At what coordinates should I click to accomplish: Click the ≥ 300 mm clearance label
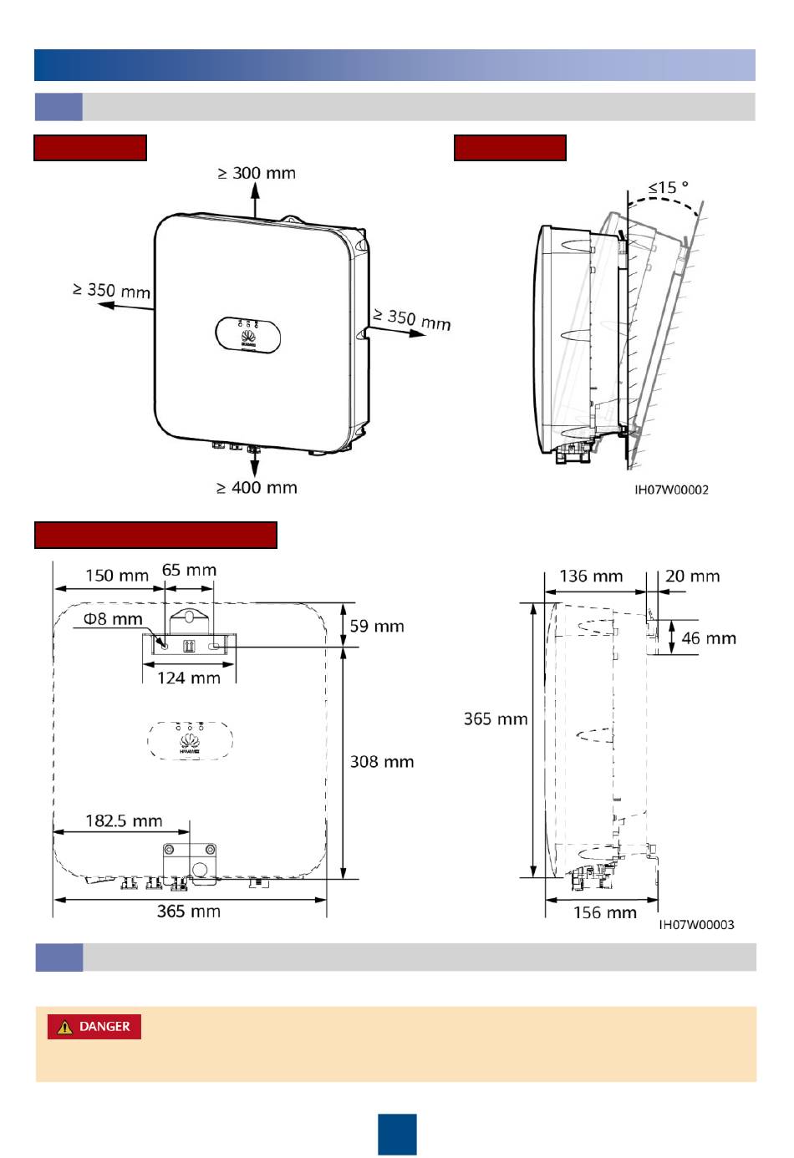[x=257, y=173]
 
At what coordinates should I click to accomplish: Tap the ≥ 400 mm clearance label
[x=257, y=487]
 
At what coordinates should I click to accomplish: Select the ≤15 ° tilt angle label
[x=668, y=187]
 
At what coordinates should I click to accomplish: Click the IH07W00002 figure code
[x=671, y=490]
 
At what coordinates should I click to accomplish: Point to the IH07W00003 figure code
[x=696, y=924]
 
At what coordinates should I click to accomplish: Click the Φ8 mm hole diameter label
[x=113, y=619]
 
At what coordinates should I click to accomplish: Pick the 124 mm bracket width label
[x=189, y=678]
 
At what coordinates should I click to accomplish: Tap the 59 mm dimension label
[x=376, y=626]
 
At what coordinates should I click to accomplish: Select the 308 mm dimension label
[x=381, y=761]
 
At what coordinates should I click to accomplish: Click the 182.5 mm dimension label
[x=124, y=820]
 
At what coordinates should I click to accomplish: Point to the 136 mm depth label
[x=591, y=576]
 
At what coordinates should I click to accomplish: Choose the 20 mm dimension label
[x=692, y=576]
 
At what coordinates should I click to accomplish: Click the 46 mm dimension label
[x=709, y=638]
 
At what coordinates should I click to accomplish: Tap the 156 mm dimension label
[x=604, y=912]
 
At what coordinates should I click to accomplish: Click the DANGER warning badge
[x=94, y=1027]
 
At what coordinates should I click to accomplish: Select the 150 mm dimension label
[x=117, y=576]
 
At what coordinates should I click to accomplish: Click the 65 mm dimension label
[x=189, y=570]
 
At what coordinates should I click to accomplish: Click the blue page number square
[x=397, y=1134]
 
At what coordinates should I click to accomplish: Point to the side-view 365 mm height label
[x=496, y=719]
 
